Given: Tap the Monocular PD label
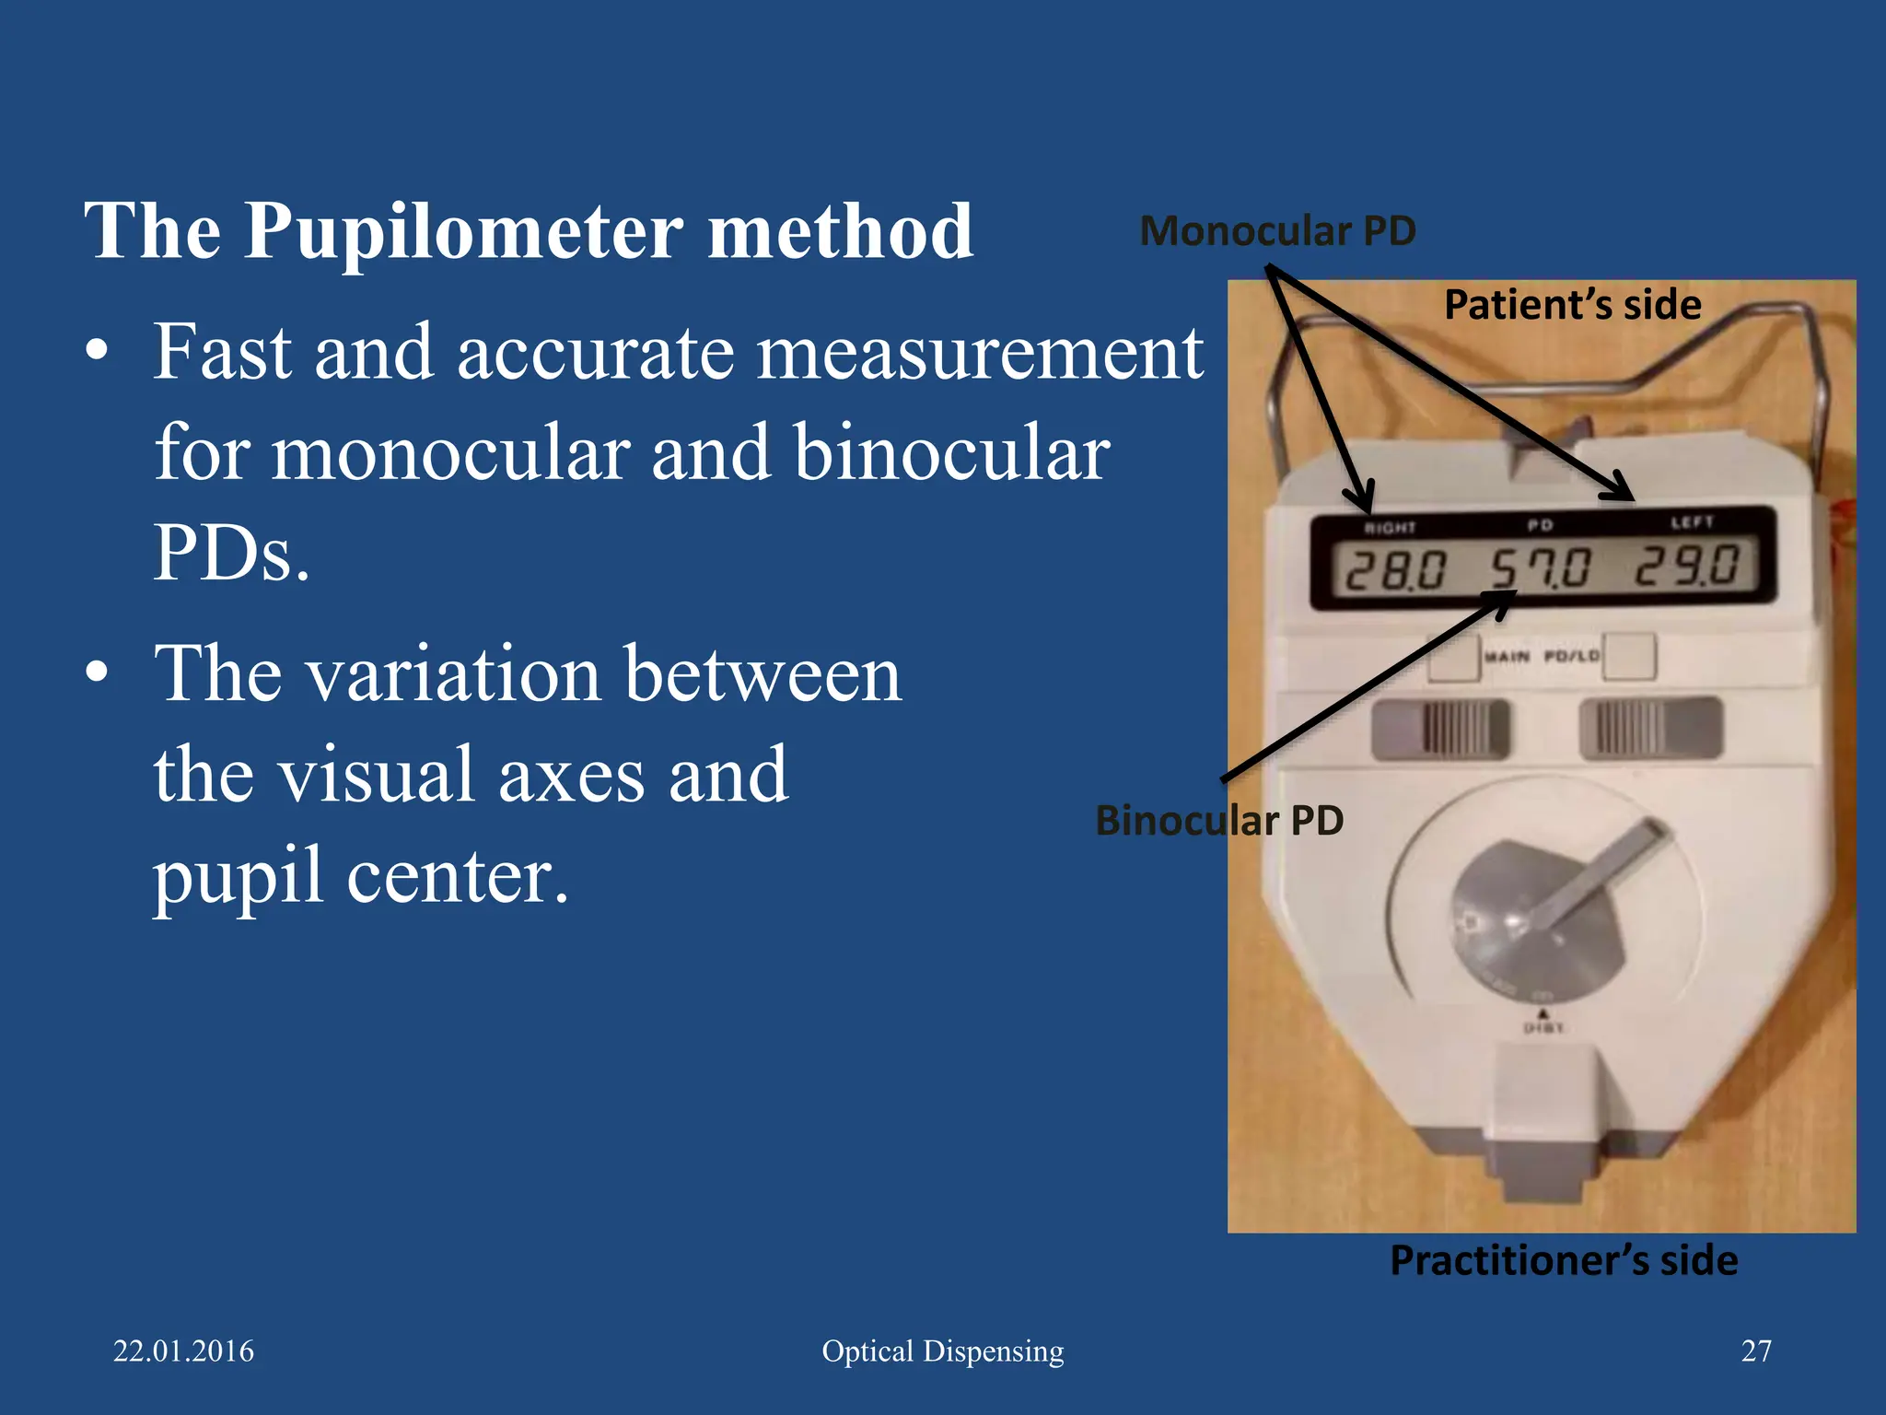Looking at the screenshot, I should click(x=1277, y=231).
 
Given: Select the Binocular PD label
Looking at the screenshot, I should click(x=1219, y=820).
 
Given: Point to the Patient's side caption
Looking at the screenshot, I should click(x=1572, y=305).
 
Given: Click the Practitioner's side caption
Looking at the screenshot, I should click(x=1564, y=1260).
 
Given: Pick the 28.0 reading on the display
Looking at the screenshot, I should click(x=1395, y=569).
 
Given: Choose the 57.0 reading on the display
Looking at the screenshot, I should click(x=1541, y=567).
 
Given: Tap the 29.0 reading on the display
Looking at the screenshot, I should click(x=1687, y=565).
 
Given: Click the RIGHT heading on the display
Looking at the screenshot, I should click(x=1390, y=528).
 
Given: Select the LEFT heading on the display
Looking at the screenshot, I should click(x=1692, y=522).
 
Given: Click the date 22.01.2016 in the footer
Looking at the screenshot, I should click(x=183, y=1351).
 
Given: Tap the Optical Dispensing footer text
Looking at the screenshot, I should click(x=942, y=1351).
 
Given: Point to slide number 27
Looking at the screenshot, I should click(x=1756, y=1351).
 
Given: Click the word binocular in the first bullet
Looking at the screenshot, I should click(x=951, y=453).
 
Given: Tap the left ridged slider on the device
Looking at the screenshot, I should click(x=1441, y=729).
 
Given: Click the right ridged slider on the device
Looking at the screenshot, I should click(x=1649, y=727).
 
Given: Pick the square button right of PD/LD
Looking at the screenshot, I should click(x=1629, y=656).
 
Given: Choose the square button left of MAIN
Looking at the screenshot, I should click(x=1454, y=658).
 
